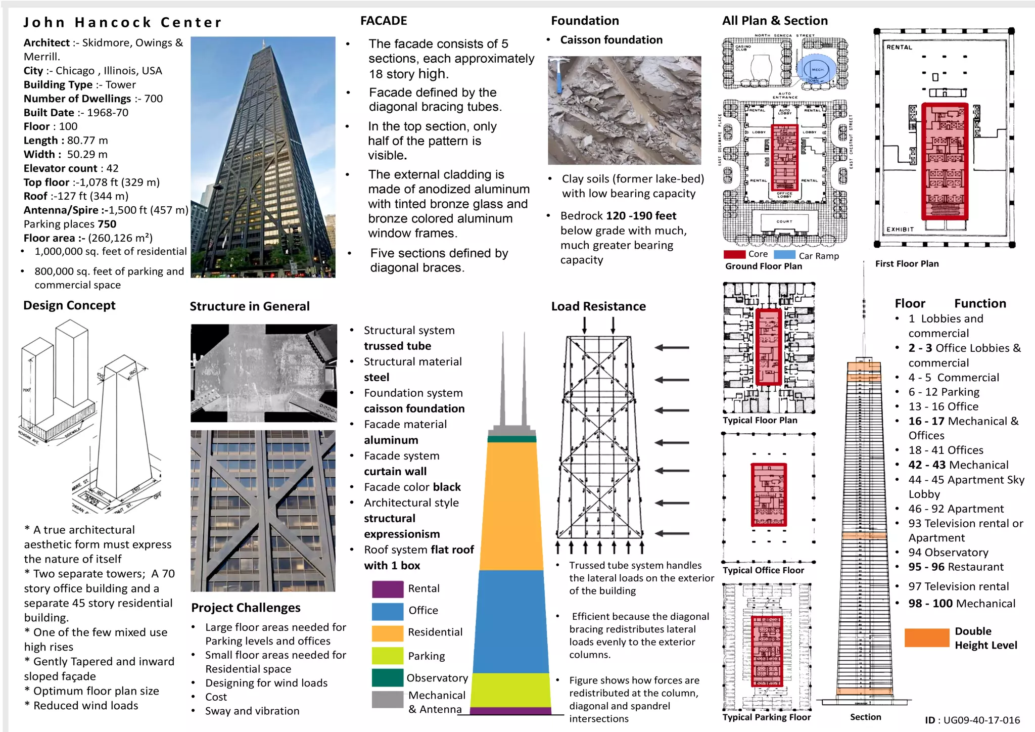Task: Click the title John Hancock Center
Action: tap(122, 23)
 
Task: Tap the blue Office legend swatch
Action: tap(388, 611)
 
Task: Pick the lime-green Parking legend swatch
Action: tap(388, 656)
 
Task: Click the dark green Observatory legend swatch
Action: tap(388, 677)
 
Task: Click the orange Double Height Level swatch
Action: tap(926, 637)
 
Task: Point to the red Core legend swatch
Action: tap(734, 254)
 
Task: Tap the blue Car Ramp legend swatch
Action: tap(784, 254)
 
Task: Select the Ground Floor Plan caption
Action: tap(763, 266)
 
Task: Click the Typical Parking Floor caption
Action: tap(766, 717)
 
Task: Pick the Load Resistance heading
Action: tap(598, 306)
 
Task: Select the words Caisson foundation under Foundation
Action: tap(611, 40)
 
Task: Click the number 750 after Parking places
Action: tap(107, 224)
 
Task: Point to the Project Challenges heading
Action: tap(246, 608)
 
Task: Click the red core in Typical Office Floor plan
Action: tap(769, 495)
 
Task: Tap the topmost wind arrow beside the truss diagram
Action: tap(672, 347)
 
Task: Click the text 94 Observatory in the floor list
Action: tap(948, 553)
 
